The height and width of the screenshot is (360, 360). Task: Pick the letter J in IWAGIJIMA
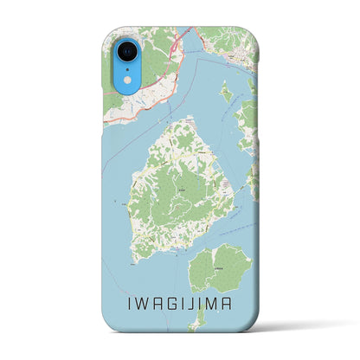[x=195, y=304]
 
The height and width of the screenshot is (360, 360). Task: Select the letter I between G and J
[x=183, y=304]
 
